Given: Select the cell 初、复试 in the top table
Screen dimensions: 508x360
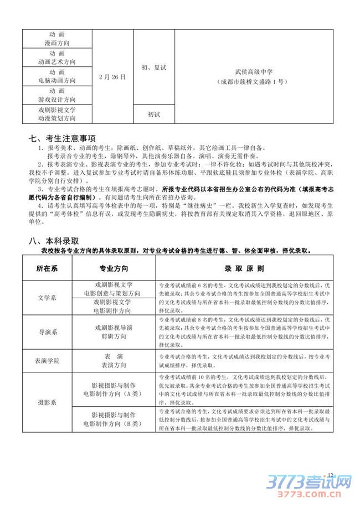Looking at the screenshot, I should [153, 67].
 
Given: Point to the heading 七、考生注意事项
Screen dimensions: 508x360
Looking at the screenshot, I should [62, 138].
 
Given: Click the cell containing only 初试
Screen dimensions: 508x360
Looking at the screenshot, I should [153, 114].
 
